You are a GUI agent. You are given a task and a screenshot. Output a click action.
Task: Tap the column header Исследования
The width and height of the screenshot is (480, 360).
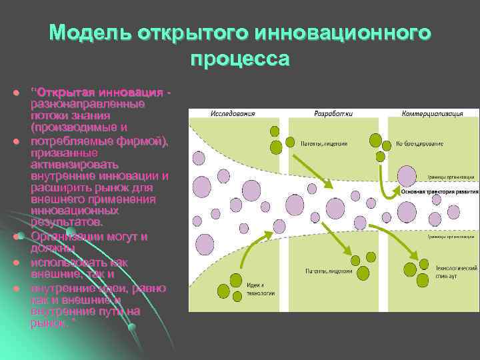point(233,113)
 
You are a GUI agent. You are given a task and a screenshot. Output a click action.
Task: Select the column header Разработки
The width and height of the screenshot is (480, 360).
point(334,113)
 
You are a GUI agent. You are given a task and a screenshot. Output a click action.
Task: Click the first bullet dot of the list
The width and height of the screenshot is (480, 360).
point(16,91)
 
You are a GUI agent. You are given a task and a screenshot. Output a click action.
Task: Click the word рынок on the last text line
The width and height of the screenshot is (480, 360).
point(46,323)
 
